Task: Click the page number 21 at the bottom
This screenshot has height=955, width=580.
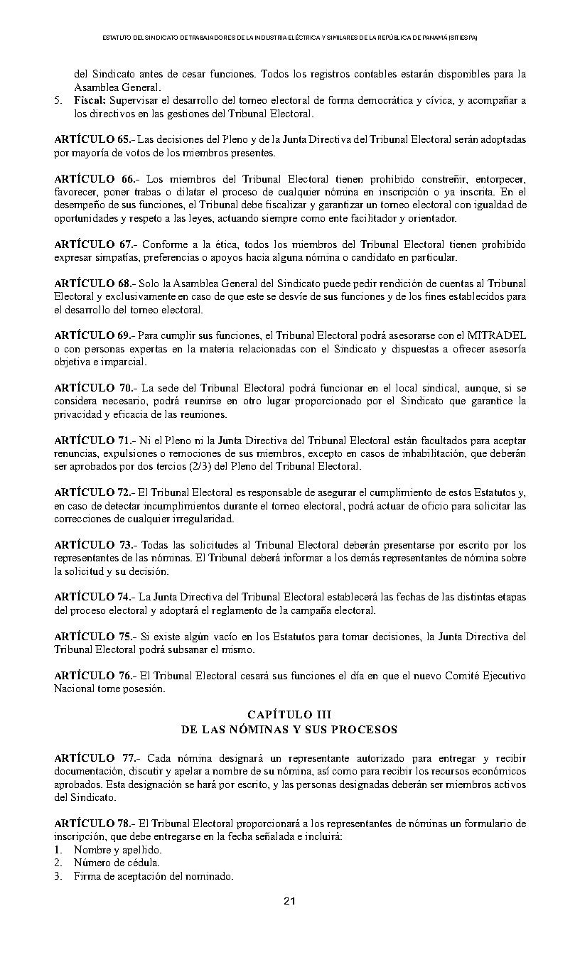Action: [289, 901]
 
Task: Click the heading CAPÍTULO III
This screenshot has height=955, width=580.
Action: [289, 714]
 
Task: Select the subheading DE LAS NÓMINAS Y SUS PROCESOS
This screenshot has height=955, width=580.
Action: [289, 729]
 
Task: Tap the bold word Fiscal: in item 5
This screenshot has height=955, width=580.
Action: [90, 101]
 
